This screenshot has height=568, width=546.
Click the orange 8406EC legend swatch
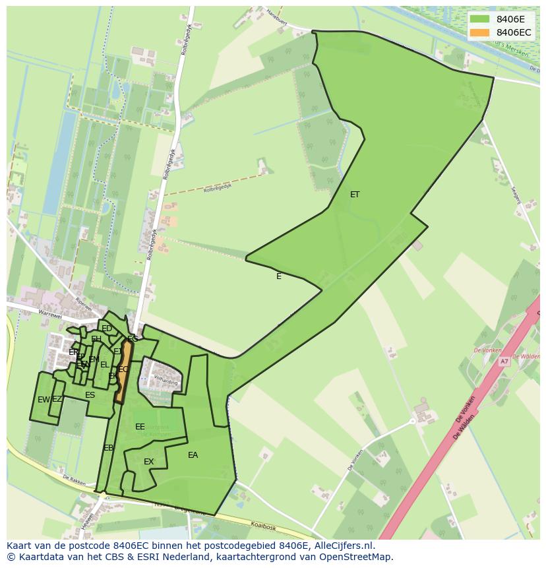(480, 32)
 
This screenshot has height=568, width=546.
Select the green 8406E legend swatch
(480, 19)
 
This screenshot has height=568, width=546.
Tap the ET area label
(355, 195)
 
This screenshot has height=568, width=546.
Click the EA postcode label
(193, 455)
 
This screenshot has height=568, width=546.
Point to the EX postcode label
(148, 462)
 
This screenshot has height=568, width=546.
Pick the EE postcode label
(140, 427)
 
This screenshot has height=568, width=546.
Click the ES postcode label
(90, 395)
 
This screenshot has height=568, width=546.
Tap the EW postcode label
(43, 400)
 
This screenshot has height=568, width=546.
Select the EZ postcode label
(57, 399)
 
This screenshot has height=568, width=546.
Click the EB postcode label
(108, 448)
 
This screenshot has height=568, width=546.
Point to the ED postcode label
(106, 329)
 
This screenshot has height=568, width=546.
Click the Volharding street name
(166, 381)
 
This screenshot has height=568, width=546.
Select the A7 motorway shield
(504, 362)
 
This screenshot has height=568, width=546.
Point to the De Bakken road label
(75, 479)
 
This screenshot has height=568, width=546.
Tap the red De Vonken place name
(487, 350)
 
